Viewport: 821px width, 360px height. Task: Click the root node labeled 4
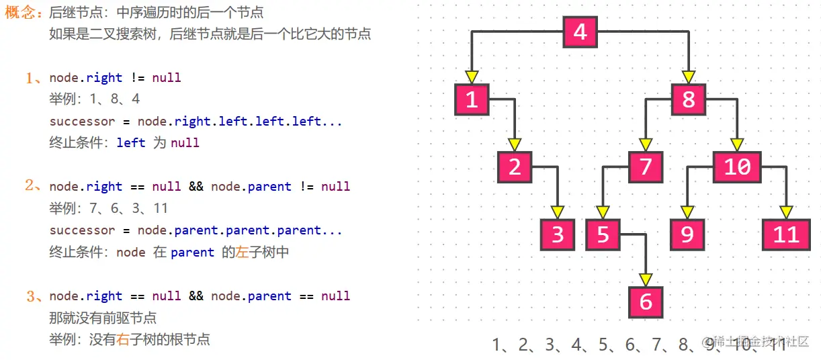(580, 32)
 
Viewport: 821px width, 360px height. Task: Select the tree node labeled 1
(472, 99)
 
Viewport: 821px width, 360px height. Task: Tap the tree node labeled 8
(688, 99)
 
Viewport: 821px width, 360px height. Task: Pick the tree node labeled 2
(515, 167)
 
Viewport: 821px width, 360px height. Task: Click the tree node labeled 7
(646, 167)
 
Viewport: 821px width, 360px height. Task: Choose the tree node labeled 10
(737, 167)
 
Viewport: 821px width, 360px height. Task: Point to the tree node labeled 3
(558, 234)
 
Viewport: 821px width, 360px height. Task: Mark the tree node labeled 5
(603, 234)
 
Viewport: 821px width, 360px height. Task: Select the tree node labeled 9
(687, 234)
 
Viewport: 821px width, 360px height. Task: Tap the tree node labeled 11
(785, 234)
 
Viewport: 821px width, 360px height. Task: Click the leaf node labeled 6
(646, 302)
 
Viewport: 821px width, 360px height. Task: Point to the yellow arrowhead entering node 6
(646, 279)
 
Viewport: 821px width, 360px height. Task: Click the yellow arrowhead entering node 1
(472, 77)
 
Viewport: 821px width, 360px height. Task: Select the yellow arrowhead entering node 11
(785, 212)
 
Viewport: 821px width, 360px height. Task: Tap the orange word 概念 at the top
(19, 13)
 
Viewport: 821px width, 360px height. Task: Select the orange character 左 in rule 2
(242, 253)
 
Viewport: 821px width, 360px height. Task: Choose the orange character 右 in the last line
(122, 339)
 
